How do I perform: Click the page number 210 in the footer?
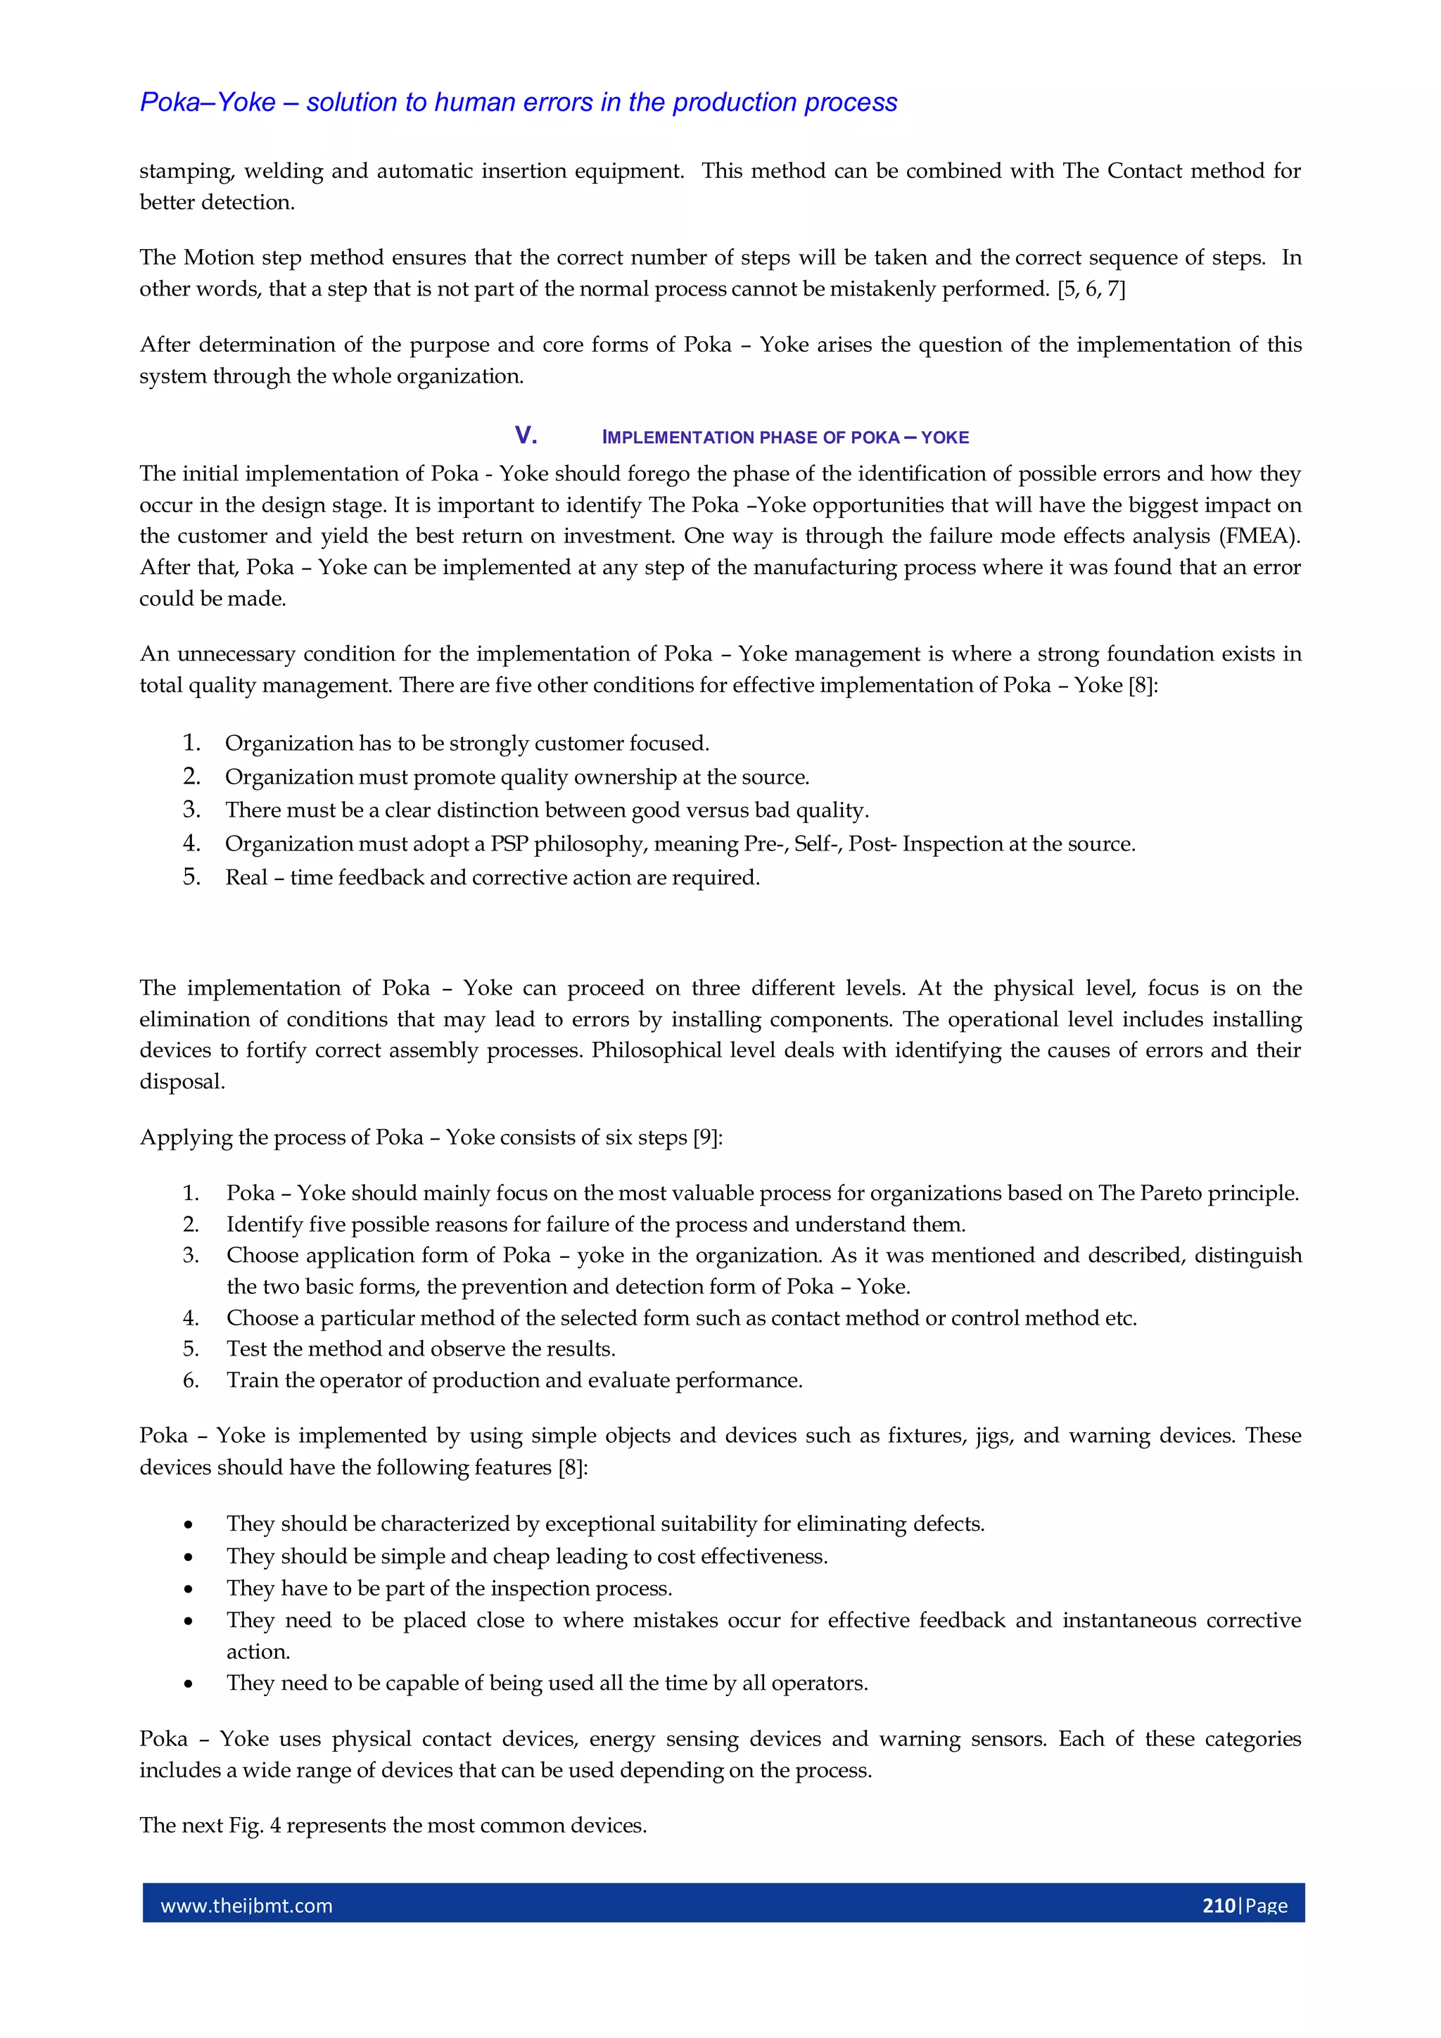point(1218,1905)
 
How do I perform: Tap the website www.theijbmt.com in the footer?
point(246,1906)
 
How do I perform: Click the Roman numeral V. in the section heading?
point(526,436)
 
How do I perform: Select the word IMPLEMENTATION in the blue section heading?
point(678,438)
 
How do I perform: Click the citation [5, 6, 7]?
point(1091,289)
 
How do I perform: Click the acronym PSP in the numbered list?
point(509,843)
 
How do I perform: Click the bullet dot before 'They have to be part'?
point(189,1589)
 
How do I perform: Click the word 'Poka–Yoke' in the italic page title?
point(208,103)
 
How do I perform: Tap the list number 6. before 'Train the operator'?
point(191,1380)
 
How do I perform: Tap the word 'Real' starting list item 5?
point(246,878)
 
